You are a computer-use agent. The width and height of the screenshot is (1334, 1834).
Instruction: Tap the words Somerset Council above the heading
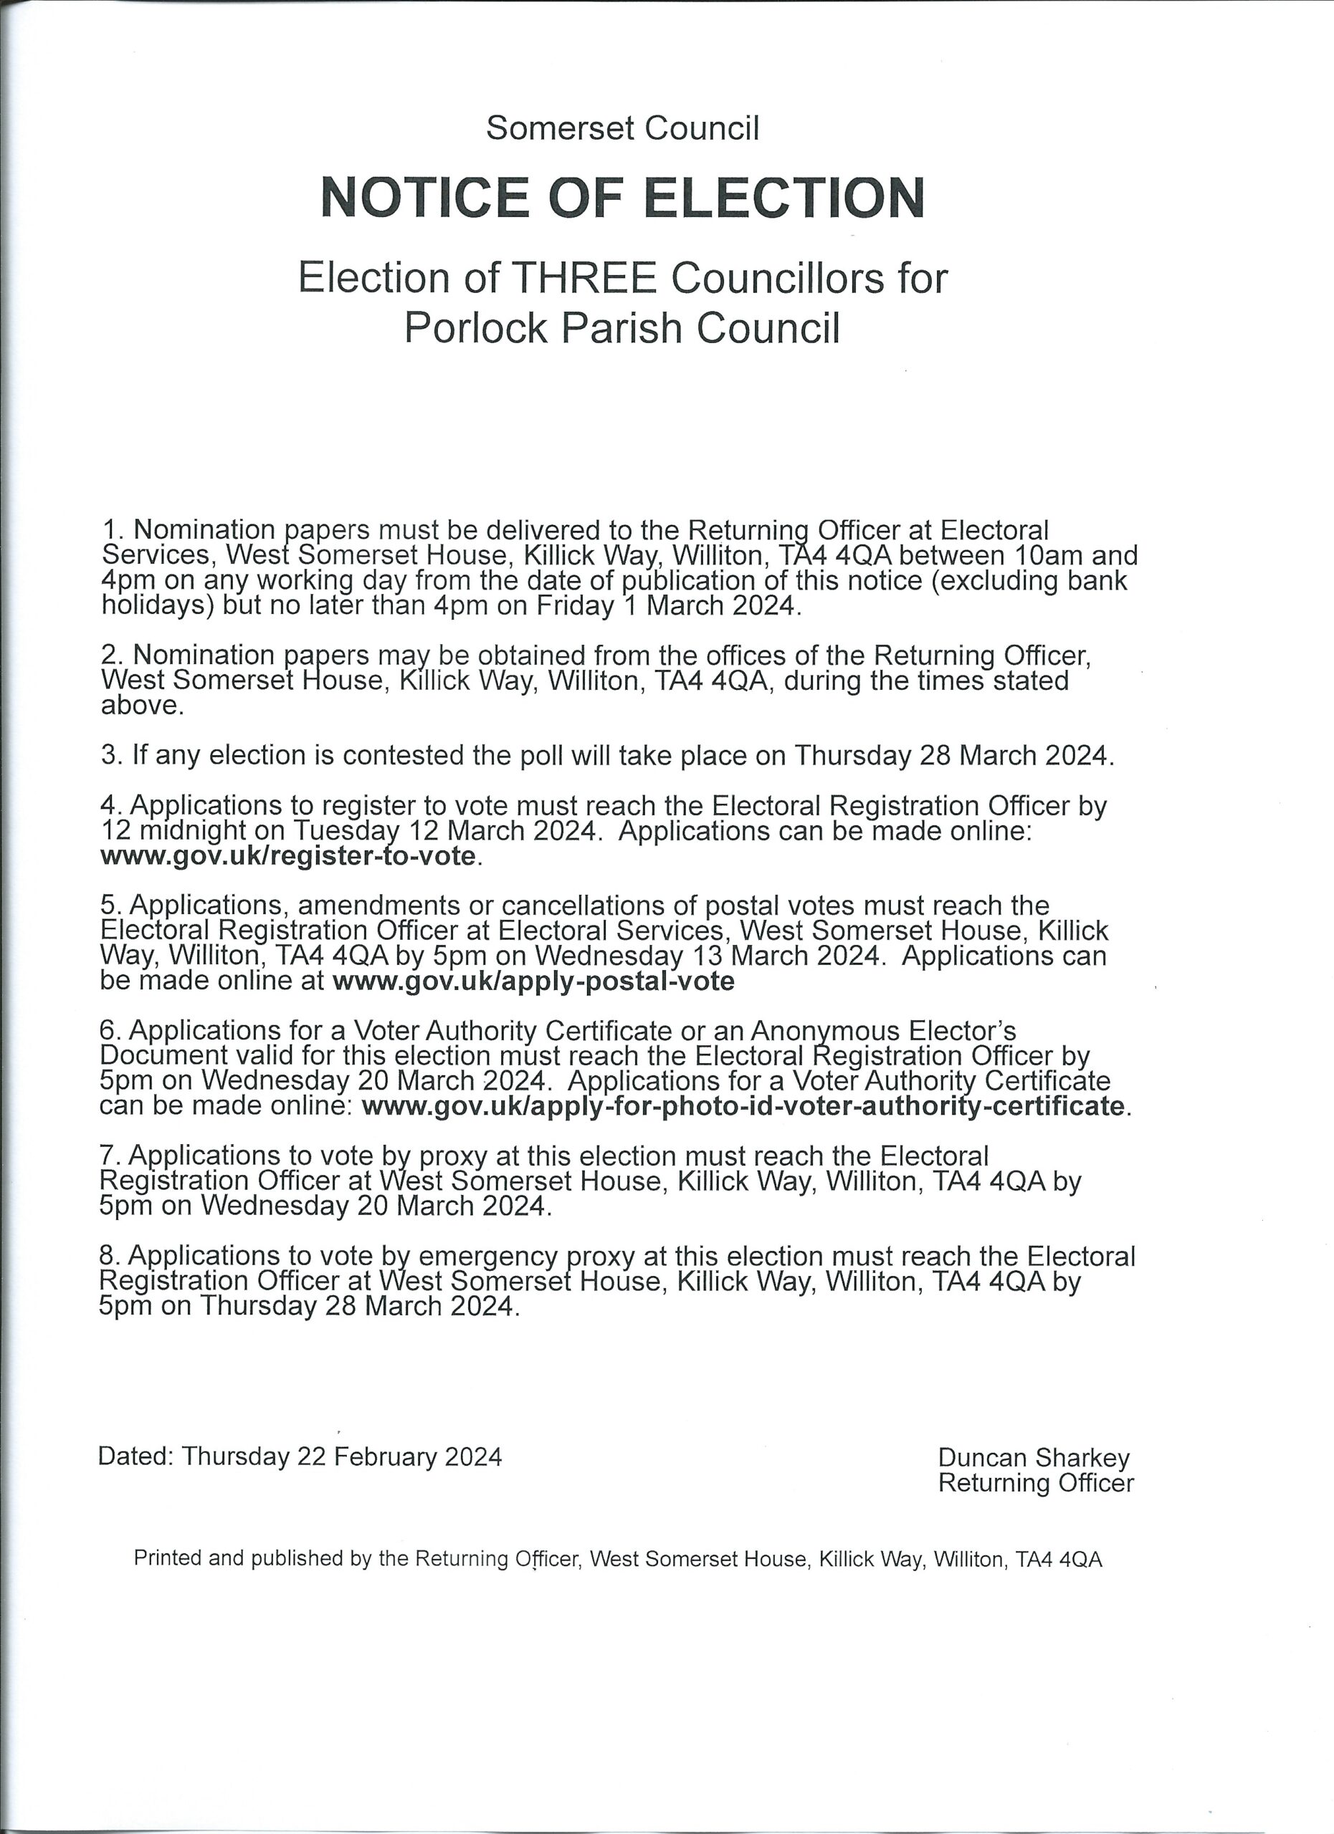click(x=622, y=128)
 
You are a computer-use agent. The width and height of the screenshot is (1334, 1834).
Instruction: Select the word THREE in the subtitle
click(x=586, y=278)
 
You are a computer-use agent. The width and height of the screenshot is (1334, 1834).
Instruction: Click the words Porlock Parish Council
click(x=622, y=327)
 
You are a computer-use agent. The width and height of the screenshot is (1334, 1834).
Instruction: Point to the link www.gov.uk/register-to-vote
click(x=288, y=855)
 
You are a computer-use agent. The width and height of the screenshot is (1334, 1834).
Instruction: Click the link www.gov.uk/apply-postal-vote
click(x=533, y=981)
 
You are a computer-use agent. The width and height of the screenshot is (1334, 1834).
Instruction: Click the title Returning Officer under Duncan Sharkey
click(x=1036, y=1482)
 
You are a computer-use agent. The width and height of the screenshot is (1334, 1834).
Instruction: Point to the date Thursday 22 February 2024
click(x=341, y=1456)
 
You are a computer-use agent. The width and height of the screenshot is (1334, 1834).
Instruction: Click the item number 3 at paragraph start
click(x=109, y=755)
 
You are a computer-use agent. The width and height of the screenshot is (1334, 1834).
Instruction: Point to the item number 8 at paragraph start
click(x=108, y=1255)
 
